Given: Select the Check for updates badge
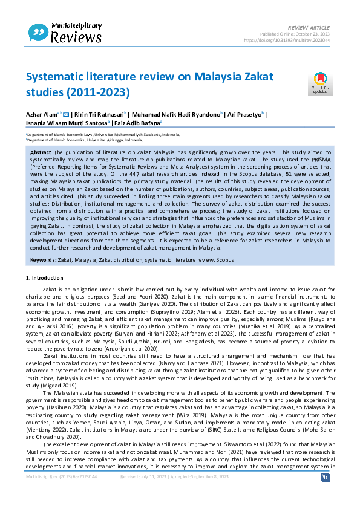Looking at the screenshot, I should pos(319,83).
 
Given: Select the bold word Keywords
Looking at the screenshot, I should pos(44,259).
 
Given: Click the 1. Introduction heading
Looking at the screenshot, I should pos(47,277).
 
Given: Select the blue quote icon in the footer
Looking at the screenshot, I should pos(325,477).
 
